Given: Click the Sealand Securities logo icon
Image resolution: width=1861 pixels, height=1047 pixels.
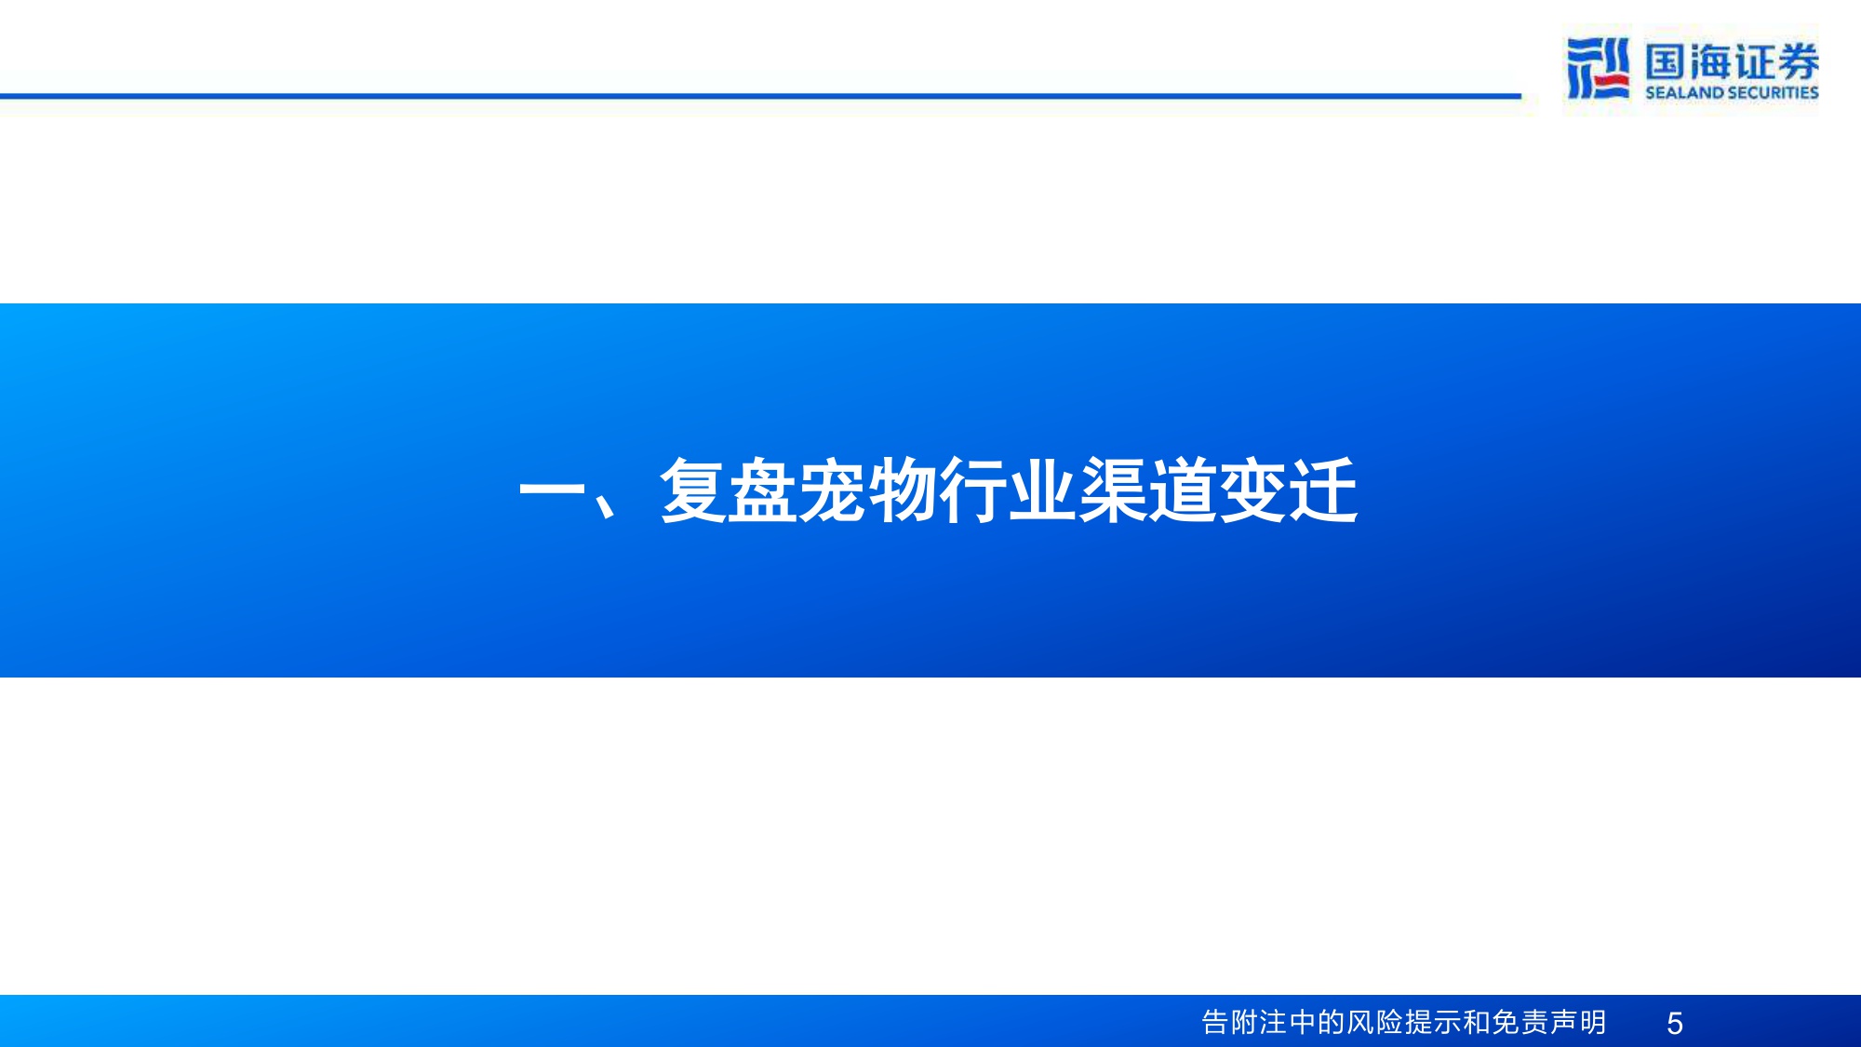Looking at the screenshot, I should pos(1598,68).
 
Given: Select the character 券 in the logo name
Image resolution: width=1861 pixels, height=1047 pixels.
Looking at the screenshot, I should pos(1798,61).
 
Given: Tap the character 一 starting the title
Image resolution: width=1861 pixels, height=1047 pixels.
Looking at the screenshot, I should pos(551,490).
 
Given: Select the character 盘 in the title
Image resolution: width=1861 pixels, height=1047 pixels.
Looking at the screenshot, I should pos(764,490).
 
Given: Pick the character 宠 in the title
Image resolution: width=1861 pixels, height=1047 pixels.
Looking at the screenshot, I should pos(834,490).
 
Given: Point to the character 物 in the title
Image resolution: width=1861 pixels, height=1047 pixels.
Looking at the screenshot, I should pos(904,490).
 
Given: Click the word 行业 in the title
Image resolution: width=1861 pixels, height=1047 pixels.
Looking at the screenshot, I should pos(1009,490).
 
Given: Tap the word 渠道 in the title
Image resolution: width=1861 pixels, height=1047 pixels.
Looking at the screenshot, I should pos(1148,490).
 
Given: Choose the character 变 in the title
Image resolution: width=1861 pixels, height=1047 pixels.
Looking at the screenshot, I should pos(1252,490).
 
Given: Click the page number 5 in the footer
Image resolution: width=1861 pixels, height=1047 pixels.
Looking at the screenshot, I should pos(1674,1024).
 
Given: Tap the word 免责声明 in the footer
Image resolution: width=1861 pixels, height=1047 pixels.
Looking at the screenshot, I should pos(1548,1023).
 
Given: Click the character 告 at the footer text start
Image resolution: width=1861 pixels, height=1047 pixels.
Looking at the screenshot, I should pos(1215,1023).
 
